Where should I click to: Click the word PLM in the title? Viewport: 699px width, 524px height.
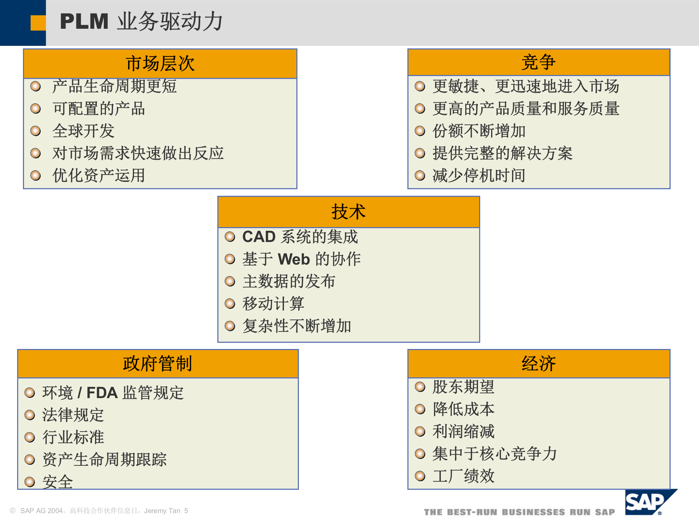(84, 21)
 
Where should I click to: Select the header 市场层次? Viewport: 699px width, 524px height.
(160, 64)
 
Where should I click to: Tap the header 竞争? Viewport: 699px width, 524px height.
(538, 62)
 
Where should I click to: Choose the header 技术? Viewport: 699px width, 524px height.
(348, 212)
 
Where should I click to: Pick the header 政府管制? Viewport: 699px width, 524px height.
(158, 364)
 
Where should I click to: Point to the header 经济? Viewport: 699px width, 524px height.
(538, 364)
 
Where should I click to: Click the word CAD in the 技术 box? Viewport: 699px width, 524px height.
(259, 237)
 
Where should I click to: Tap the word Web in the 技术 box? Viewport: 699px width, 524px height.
(294, 259)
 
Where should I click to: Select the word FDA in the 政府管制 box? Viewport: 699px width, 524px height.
(102, 393)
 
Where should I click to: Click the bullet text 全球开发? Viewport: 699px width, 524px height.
(83, 131)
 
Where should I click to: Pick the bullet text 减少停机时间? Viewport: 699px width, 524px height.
(479, 176)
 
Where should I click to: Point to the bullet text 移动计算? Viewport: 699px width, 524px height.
(273, 304)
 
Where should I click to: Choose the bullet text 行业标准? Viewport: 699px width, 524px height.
(73, 437)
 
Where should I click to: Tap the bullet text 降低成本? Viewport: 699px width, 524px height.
(463, 409)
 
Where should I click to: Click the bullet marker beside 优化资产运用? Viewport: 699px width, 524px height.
(35, 176)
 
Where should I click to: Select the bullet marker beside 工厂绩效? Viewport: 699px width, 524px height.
(420, 476)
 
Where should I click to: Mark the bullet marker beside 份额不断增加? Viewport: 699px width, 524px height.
(420, 131)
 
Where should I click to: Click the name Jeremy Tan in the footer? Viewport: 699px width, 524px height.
(162, 511)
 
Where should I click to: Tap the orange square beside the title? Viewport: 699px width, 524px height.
(38, 23)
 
